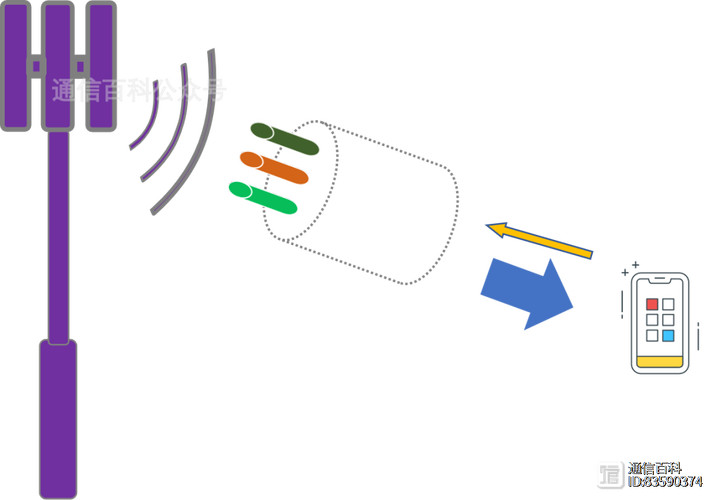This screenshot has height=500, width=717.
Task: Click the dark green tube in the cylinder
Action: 284,138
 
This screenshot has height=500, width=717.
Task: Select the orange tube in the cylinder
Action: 273,166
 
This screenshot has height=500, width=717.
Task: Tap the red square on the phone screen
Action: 652,304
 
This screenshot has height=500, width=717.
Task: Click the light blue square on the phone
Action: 668,336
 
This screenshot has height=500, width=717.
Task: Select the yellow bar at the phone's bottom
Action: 660,360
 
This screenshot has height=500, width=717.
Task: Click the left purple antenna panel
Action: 16,65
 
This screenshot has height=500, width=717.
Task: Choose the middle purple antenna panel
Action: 58,65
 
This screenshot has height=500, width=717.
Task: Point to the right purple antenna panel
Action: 100,65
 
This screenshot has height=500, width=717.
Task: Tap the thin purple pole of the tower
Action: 58,235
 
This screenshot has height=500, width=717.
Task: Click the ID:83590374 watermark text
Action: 665,482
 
